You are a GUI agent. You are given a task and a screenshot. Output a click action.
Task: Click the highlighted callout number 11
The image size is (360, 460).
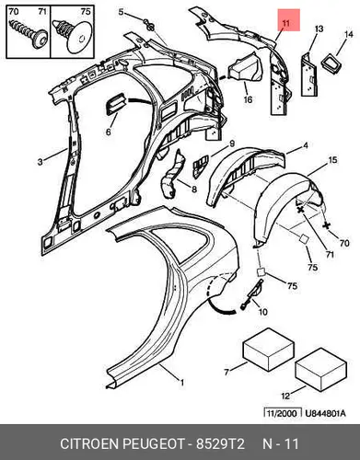point(285,23)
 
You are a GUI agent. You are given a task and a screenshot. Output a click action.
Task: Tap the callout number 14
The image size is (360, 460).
point(349,34)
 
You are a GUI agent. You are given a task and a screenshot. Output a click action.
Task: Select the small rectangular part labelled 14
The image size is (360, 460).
point(331,63)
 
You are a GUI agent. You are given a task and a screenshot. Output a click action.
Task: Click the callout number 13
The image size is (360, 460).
point(319,29)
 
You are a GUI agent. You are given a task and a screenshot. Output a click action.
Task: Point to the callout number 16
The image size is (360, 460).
point(248,99)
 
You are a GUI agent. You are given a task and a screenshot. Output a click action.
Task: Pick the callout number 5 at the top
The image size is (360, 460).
point(121,12)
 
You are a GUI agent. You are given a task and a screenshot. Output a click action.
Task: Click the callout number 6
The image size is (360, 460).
point(109,132)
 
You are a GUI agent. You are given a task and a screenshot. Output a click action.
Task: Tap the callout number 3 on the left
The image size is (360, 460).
point(41,162)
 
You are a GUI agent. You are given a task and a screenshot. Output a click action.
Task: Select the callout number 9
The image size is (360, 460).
point(232,144)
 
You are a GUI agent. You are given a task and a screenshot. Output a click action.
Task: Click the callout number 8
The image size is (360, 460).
point(194,190)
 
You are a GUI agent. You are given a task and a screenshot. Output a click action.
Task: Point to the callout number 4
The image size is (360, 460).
point(306,145)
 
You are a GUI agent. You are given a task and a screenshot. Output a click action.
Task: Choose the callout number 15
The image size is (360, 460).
point(332,160)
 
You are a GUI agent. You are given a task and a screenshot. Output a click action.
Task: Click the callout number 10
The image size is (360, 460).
point(263,312)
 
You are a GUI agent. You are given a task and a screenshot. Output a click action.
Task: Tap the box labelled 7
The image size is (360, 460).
point(269,350)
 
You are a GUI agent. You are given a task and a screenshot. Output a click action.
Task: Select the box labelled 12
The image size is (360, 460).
point(321,370)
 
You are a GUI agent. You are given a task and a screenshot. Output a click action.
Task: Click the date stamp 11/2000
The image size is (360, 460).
point(282,413)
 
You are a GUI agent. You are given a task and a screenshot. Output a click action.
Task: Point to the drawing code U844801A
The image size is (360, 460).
point(325,413)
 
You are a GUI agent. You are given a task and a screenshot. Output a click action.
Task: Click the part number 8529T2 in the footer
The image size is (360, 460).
point(220,443)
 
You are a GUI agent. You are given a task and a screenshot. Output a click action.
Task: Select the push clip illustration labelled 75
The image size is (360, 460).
point(73,35)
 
